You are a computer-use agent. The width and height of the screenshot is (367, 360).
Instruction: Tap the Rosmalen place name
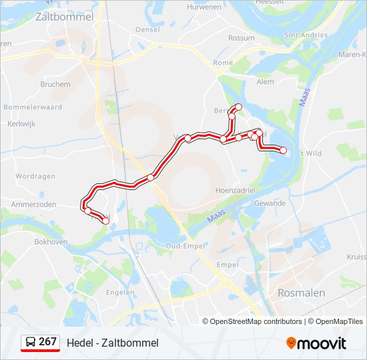[x=301, y=293]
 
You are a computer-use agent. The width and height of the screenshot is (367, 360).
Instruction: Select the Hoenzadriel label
[x=236, y=190]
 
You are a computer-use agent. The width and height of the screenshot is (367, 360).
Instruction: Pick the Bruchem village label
[x=55, y=85]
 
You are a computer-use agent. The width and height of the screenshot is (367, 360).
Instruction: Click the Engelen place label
[x=120, y=292]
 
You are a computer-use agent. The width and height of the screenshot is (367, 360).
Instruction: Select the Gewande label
[x=270, y=203]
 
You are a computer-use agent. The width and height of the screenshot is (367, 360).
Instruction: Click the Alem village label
[x=265, y=81]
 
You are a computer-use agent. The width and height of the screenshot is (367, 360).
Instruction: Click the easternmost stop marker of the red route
[x=284, y=151]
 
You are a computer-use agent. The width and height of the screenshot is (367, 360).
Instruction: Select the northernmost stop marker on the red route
[x=238, y=107]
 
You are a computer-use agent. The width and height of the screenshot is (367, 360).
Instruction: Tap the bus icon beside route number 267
[x=30, y=343]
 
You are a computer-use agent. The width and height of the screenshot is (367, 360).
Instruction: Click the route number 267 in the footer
[x=47, y=342]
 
